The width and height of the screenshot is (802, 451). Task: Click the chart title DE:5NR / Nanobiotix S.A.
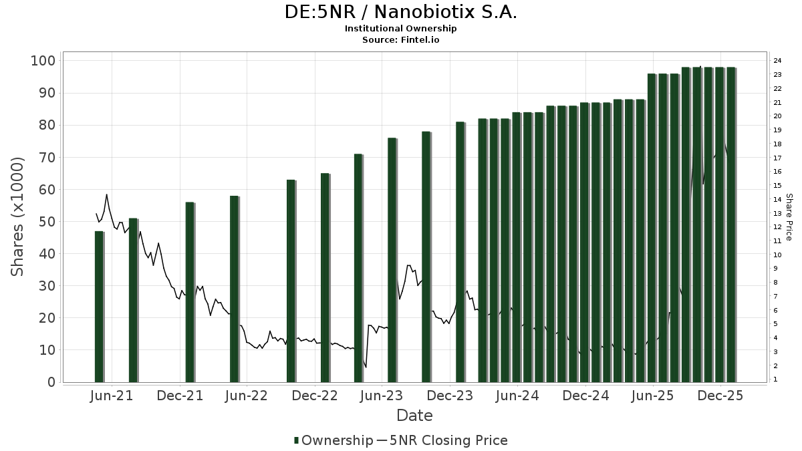pos(400,12)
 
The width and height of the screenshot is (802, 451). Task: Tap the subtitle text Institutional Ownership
pos(400,29)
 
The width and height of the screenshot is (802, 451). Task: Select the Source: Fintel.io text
pos(400,40)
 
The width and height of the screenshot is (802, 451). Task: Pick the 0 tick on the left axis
pos(51,382)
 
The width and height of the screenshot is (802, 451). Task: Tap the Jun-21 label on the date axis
pos(112,396)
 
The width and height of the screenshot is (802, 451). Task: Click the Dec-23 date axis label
pos(450,396)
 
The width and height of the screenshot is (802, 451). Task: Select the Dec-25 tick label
pos(720,396)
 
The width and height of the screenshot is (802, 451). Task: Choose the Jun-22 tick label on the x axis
pos(247,396)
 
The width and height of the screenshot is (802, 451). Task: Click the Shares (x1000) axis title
pos(18,216)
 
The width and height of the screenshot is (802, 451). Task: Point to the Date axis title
pos(414,416)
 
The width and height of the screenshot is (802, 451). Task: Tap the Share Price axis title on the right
pos(789,216)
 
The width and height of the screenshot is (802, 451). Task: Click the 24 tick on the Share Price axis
pos(777,61)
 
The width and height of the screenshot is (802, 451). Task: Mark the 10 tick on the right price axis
pos(777,255)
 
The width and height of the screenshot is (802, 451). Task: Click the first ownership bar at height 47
pos(99,307)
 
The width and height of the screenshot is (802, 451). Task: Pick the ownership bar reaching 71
pos(358,268)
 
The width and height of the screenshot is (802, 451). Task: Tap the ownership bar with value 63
pos(291,281)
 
